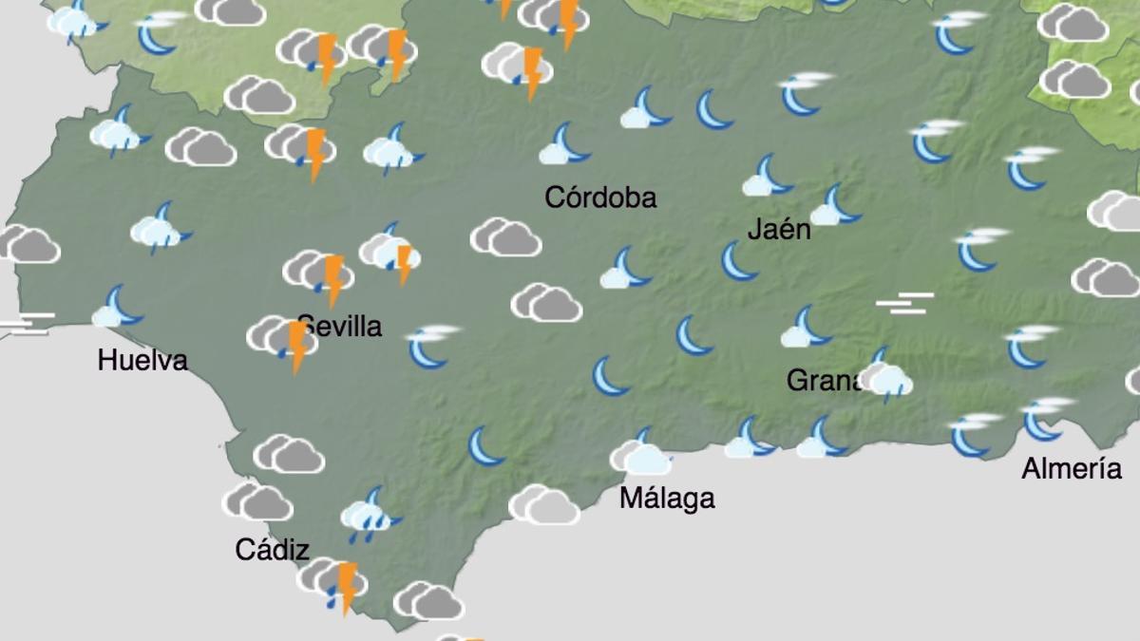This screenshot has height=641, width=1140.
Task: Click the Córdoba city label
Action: point(600,198)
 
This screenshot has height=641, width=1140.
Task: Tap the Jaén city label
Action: point(779,229)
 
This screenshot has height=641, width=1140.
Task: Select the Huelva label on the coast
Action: point(142,361)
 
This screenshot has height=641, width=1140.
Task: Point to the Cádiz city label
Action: point(273,550)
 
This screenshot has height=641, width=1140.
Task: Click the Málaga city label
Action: point(667,498)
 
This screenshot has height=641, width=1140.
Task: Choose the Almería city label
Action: point(1072,468)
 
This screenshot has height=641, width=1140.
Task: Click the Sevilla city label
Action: point(340,327)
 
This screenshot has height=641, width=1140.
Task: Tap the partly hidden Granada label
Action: point(823,381)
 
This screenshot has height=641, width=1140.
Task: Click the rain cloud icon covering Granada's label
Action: point(887,378)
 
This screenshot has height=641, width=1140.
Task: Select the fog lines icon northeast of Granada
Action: point(904,303)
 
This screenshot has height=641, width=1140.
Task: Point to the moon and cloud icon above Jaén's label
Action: point(768,178)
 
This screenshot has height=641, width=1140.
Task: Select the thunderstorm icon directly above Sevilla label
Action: point(320,274)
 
